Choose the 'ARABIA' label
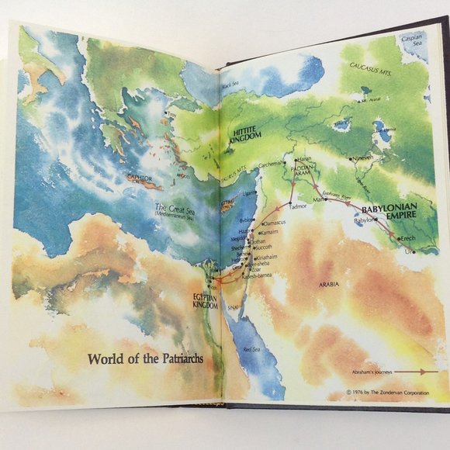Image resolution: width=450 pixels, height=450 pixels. tap(328, 286)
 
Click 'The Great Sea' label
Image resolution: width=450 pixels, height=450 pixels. tap(173, 208)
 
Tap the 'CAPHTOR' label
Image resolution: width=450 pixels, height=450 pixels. tap(140, 178)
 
